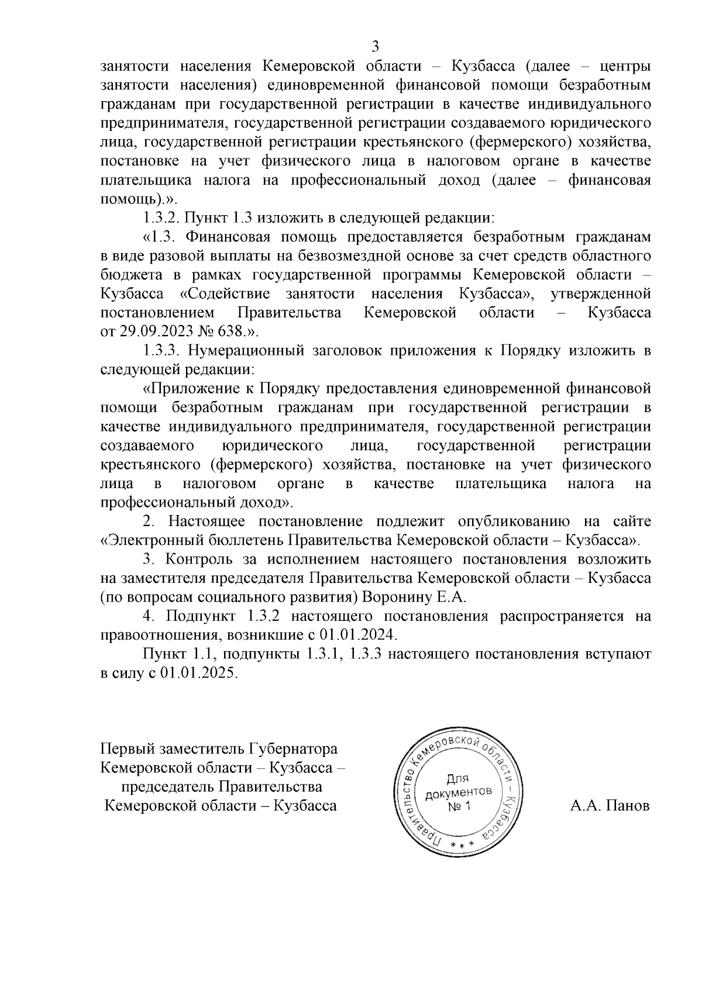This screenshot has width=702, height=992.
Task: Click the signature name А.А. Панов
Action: (x=610, y=806)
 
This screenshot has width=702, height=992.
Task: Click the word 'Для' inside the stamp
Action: (x=457, y=779)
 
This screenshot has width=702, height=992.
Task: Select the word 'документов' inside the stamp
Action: (x=458, y=793)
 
